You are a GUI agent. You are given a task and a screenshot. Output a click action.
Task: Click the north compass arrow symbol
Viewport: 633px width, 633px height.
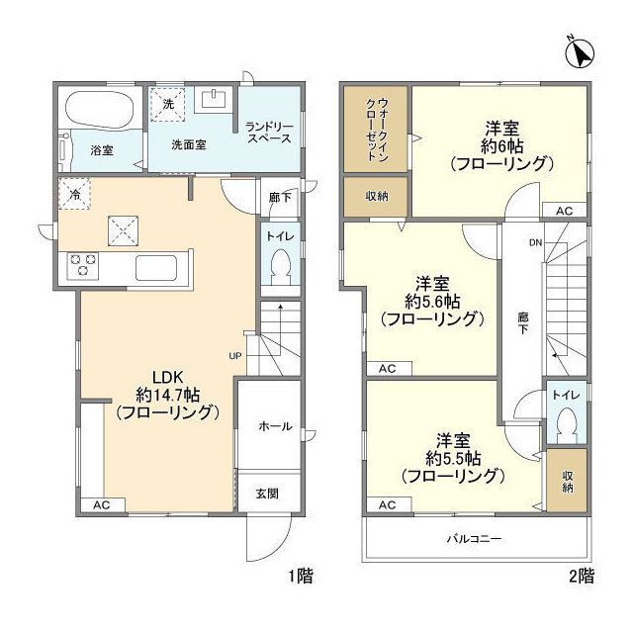click(580, 53)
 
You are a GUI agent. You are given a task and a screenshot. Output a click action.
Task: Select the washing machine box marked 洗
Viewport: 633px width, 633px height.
click(168, 104)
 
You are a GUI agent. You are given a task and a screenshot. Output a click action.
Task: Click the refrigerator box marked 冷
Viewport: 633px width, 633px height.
click(75, 195)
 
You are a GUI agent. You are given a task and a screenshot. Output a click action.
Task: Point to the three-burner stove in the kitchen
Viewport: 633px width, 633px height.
click(83, 265)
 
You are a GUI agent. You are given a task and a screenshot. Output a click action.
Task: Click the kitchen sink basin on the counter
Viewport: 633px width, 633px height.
click(156, 268)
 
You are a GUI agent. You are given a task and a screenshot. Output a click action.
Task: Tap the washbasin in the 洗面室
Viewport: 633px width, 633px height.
click(214, 99)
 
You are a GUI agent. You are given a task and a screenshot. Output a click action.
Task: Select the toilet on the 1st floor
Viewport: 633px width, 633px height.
click(281, 266)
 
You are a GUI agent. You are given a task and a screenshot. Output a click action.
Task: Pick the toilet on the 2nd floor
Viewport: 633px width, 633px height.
click(567, 425)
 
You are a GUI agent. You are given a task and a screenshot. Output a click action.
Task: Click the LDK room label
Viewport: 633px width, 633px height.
click(168, 378)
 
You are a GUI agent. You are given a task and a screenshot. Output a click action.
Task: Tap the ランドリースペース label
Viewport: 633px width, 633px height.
click(269, 133)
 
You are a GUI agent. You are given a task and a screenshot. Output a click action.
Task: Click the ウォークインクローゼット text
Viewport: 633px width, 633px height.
click(377, 130)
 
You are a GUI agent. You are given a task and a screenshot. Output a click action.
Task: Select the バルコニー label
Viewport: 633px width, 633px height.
click(474, 538)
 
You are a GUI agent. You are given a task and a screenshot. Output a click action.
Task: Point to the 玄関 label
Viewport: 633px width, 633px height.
click(267, 494)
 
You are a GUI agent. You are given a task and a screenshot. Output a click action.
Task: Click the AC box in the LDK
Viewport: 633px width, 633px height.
click(103, 505)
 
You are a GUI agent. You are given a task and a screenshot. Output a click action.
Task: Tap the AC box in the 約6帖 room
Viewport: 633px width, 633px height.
click(564, 211)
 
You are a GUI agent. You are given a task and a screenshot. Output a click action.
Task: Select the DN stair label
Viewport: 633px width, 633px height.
click(536, 242)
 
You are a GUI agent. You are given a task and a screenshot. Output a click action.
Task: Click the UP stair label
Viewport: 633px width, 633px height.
click(235, 356)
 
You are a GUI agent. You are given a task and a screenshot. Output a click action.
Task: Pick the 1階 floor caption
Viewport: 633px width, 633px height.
click(301, 576)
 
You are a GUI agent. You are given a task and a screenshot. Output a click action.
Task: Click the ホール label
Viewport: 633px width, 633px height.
click(275, 426)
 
